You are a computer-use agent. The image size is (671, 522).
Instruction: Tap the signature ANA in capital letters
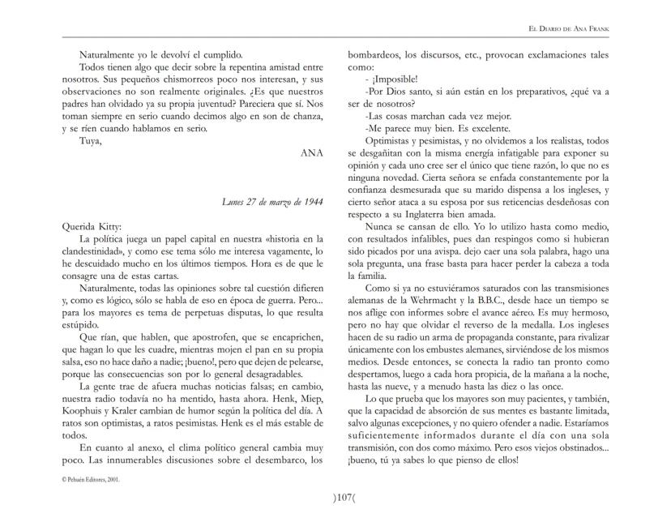(311, 152)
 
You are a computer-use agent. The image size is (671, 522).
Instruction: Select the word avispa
(476, 249)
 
